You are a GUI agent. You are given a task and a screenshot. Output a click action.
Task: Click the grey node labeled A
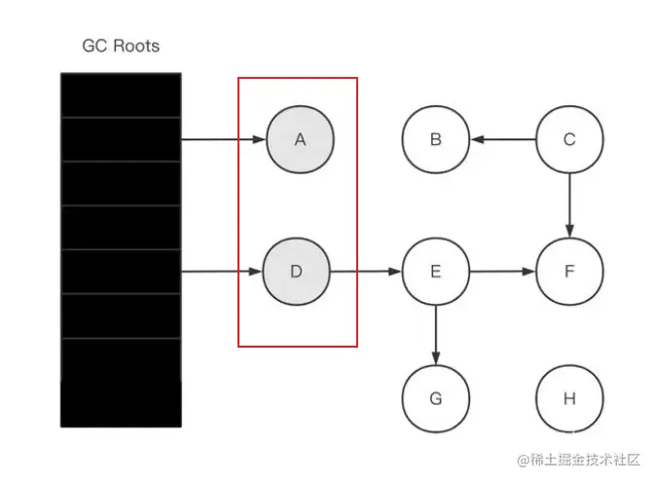point(300,139)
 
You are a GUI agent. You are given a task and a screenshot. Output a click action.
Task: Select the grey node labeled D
point(297,271)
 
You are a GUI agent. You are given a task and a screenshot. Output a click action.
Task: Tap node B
point(435,139)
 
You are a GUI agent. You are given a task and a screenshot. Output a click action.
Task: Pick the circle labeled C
point(569,139)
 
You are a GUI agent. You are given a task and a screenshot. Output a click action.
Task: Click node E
point(435,271)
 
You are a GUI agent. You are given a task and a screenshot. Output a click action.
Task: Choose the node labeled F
point(569,271)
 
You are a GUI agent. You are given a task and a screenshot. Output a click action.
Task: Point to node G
point(435,398)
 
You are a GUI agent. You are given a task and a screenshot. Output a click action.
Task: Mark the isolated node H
point(569,398)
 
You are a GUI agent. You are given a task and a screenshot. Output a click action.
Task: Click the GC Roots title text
point(121,46)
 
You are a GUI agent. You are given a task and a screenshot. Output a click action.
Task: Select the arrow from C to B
point(502,139)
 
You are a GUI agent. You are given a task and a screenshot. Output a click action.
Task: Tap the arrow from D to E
point(366,271)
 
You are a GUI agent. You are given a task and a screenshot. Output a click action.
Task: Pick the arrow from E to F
point(502,271)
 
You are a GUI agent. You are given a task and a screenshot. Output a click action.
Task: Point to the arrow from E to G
point(435,334)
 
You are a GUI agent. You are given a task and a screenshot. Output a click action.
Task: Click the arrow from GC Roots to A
point(223,139)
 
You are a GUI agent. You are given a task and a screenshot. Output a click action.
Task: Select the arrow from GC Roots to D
point(223,271)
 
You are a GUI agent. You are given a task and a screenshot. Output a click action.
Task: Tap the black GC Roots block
point(121,249)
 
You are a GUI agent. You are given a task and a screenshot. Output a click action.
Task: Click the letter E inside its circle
point(435,271)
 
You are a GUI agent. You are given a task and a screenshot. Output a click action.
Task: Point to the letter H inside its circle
point(569,398)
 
